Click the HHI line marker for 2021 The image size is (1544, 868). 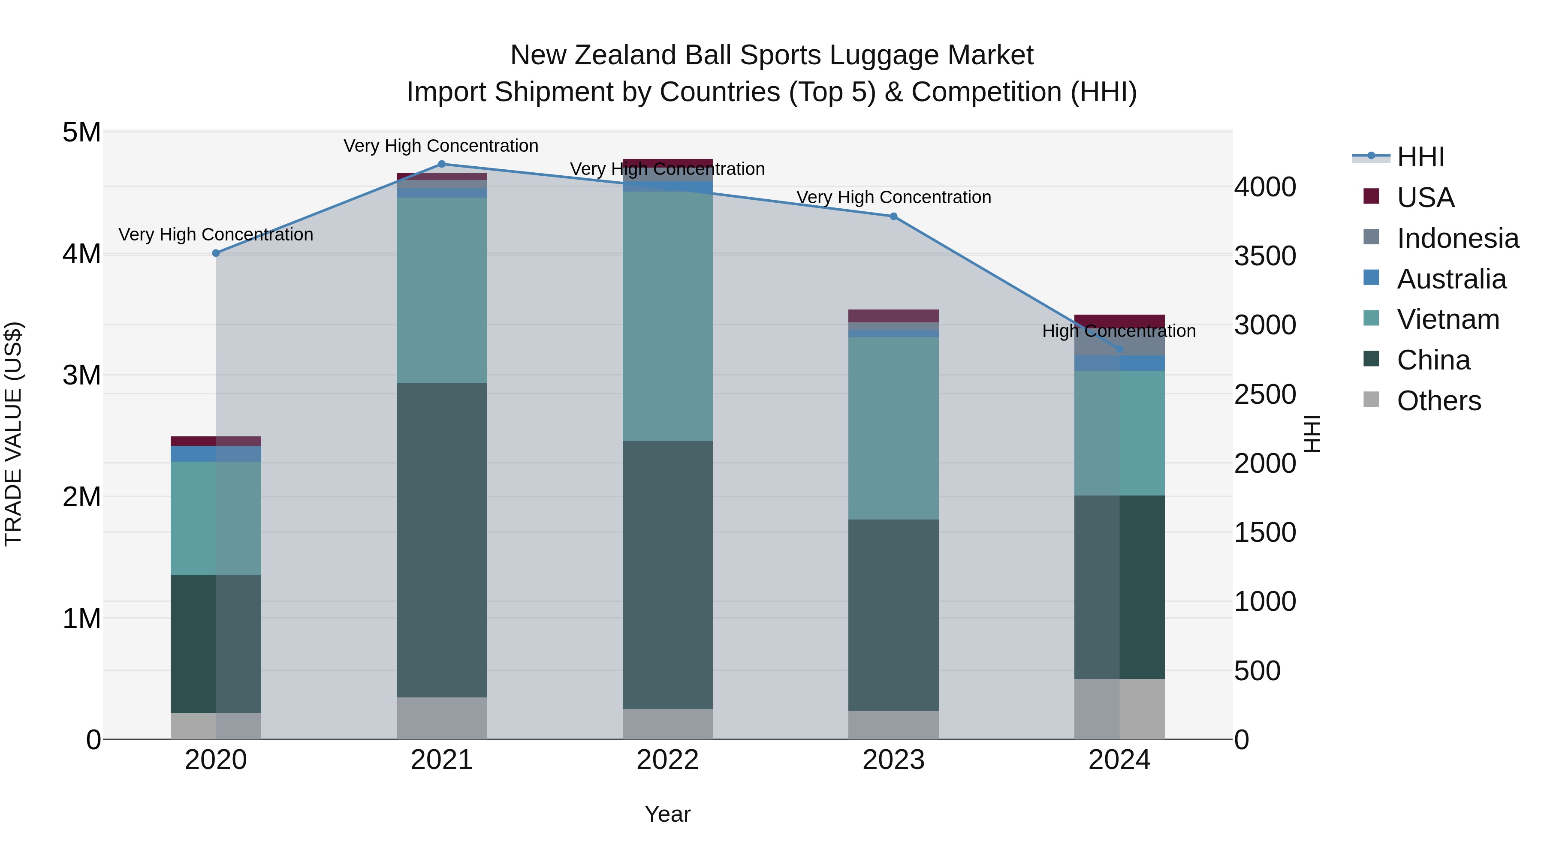[442, 164]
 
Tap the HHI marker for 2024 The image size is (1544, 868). [1119, 349]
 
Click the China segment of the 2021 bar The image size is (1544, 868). [442, 539]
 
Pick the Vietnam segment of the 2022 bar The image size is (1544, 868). [668, 316]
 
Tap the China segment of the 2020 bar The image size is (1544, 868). [216, 644]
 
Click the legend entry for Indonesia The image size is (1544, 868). [1457, 238]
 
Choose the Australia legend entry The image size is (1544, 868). [1451, 279]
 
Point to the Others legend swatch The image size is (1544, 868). [1372, 399]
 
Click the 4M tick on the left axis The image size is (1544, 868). [81, 254]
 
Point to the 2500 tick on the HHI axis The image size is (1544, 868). [1265, 394]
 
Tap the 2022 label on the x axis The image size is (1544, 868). [668, 760]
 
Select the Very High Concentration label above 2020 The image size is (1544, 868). [216, 234]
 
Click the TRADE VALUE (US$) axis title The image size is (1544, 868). [13, 434]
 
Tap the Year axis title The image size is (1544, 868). [668, 814]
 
